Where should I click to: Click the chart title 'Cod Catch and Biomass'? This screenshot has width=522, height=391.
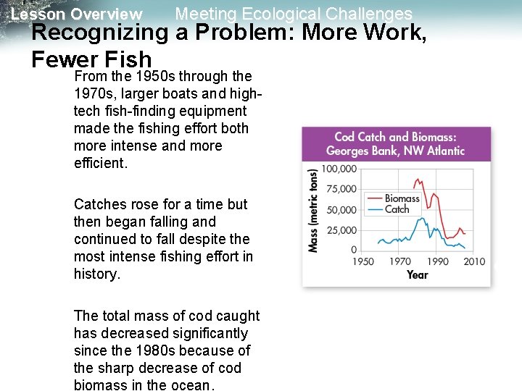pos(395,137)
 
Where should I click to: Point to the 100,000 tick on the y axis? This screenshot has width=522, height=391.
pos(339,169)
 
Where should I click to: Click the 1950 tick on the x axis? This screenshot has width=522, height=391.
pos(363,261)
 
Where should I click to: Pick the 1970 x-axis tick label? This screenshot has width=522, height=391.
pos(400,261)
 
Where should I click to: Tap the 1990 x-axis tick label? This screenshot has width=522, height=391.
pos(437,261)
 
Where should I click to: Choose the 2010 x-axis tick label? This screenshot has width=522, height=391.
pos(474,261)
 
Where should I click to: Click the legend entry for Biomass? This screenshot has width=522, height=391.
pos(402,198)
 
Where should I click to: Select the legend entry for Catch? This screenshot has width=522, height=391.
pos(397,209)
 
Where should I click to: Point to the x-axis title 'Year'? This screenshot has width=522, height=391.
pos(418,274)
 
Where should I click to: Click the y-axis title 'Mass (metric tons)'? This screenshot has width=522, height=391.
pos(313,211)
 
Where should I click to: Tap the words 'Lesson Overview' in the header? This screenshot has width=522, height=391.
pos(77,14)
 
